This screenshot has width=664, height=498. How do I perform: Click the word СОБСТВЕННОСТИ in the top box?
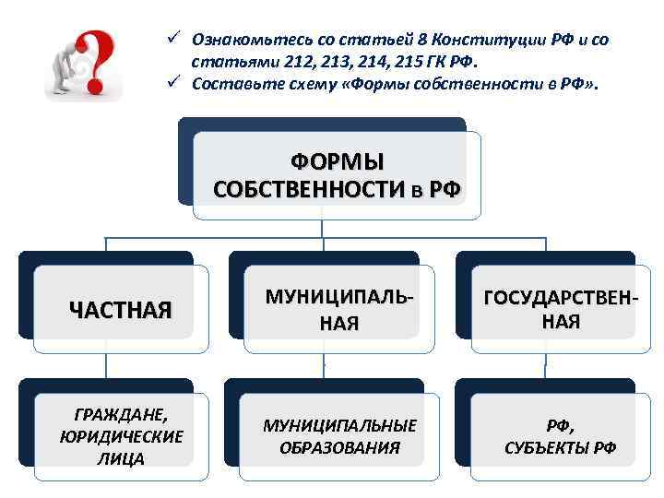coord(303,190)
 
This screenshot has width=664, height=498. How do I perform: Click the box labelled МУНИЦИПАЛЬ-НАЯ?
coord(338,310)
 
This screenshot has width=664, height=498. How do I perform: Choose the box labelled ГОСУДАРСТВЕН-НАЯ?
coord(561,310)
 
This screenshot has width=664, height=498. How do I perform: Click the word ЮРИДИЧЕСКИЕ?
coord(120,436)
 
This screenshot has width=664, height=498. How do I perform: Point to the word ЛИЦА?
coord(120,458)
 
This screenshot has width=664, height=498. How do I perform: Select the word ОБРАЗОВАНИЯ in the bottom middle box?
coord(339,448)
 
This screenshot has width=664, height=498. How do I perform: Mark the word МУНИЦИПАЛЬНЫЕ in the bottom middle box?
coord(339,425)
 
